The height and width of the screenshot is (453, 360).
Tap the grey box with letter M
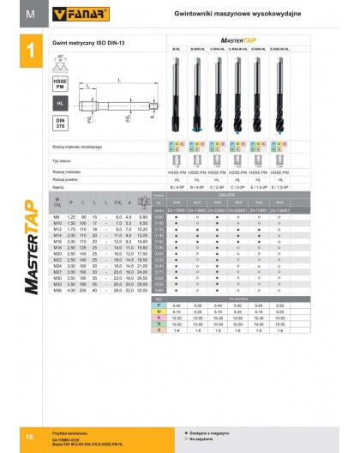tap(30, 14)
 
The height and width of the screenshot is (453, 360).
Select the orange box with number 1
tap(30, 52)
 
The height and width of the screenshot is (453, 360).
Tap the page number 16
tap(29, 438)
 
